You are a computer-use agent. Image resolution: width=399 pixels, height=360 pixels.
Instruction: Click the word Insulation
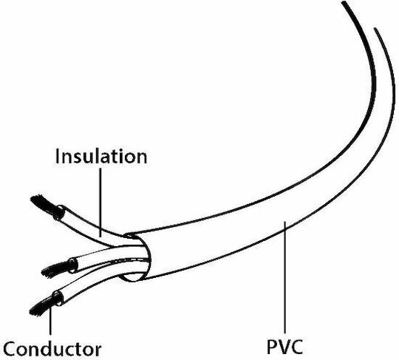[x=101, y=156]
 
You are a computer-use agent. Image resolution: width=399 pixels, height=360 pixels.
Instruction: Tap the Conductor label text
[x=52, y=349]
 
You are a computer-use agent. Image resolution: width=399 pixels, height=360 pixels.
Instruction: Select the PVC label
[x=284, y=347]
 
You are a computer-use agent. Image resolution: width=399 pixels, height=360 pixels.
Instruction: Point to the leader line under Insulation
[x=100, y=203]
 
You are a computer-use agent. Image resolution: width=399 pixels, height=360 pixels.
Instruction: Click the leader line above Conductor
[x=50, y=320]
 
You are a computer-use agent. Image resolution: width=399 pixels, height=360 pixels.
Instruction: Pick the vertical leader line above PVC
[x=285, y=277]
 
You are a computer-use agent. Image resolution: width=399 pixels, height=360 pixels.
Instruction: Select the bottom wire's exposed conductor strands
[x=44, y=305]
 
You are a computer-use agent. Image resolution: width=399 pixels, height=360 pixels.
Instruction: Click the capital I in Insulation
[x=57, y=156]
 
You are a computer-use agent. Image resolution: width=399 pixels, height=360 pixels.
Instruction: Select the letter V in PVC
[x=284, y=347]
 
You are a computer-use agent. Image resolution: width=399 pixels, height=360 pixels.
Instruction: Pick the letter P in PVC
[x=272, y=347]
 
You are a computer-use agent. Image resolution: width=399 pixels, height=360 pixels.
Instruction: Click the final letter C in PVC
[x=297, y=347]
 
